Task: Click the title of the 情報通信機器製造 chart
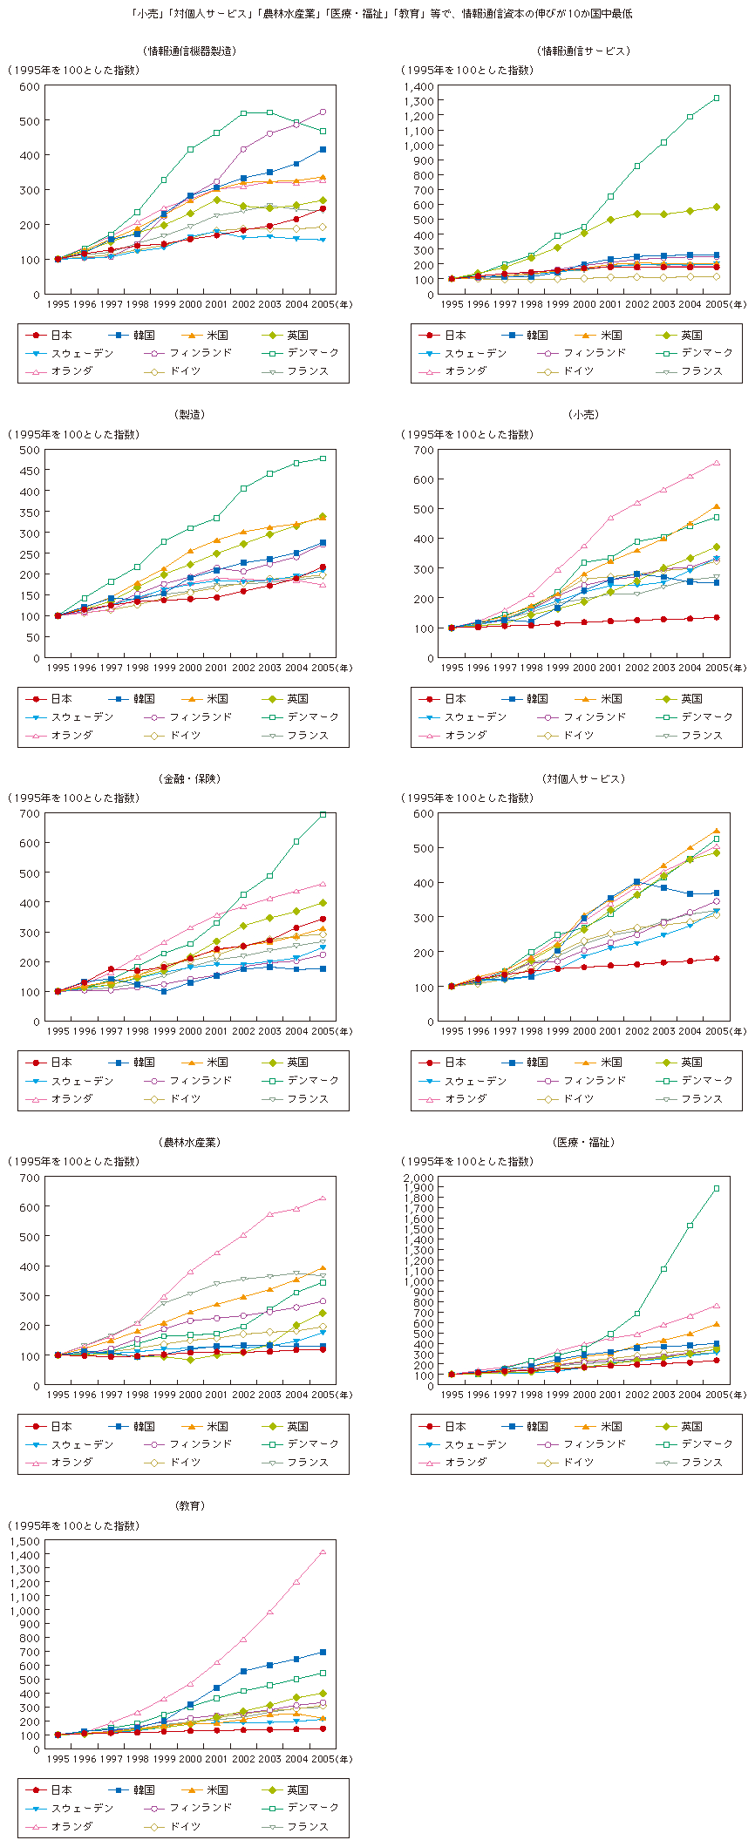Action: pyautogui.click(x=189, y=51)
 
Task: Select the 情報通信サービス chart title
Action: pyautogui.click(x=583, y=51)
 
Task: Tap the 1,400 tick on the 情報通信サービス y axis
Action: pyautogui.click(x=421, y=86)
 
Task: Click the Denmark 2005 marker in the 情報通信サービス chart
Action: pyautogui.click(x=717, y=98)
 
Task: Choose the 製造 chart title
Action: pyautogui.click(x=190, y=415)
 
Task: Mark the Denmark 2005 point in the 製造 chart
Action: pyautogui.click(x=323, y=458)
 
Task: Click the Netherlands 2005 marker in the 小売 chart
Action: pyautogui.click(x=717, y=463)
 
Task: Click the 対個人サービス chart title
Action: pyautogui.click(x=583, y=778)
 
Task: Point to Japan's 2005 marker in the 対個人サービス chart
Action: pyautogui.click(x=717, y=959)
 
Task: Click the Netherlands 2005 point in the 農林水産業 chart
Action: pyautogui.click(x=323, y=1199)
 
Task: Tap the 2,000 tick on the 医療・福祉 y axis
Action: pyautogui.click(x=421, y=1178)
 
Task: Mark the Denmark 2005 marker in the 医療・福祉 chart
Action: pyautogui.click(x=717, y=1189)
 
